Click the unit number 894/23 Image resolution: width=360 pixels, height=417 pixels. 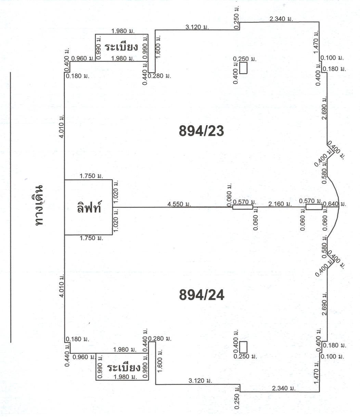pos(202,131)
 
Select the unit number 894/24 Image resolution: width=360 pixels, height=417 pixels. pos(202,295)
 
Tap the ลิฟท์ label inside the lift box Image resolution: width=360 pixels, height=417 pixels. pos(89,208)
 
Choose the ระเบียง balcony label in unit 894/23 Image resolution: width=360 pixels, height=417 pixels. pos(121,47)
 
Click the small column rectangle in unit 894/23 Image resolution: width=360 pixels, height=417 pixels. pos(243,69)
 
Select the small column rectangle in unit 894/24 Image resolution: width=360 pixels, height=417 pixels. pos(243,347)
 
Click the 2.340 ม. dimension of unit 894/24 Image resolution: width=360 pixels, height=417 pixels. pos(284,388)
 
